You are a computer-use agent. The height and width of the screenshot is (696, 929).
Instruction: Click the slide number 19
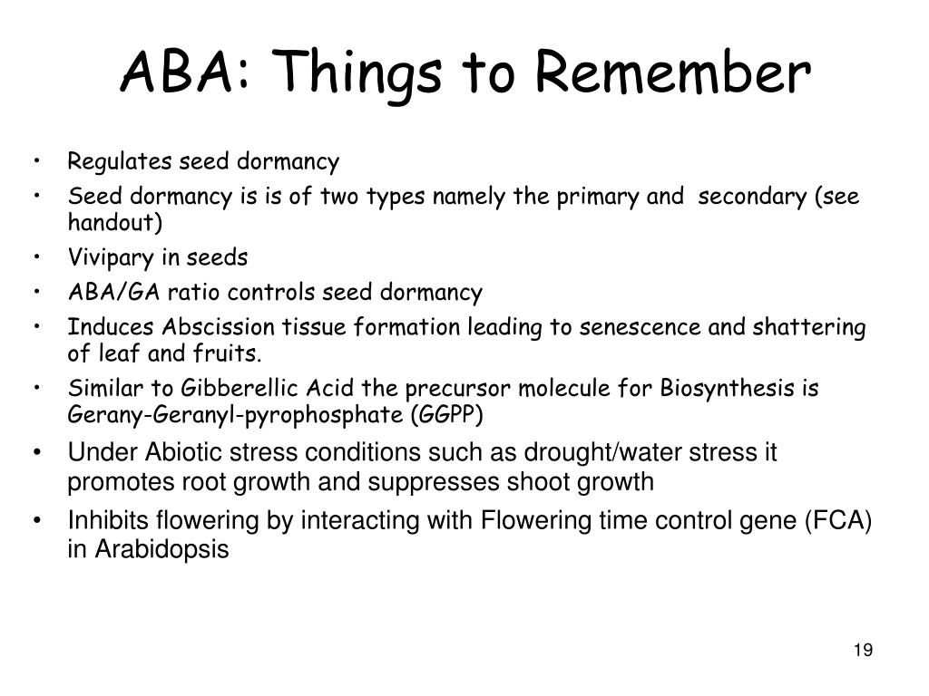(863, 651)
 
